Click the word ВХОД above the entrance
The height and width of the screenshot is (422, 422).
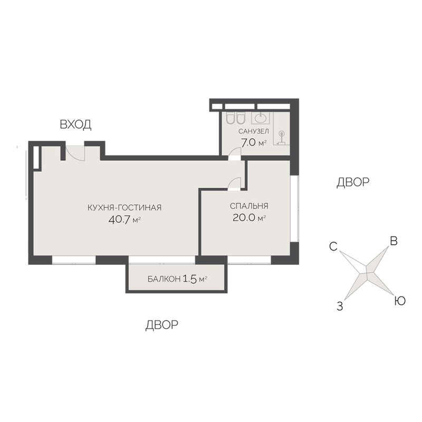pos(75,124)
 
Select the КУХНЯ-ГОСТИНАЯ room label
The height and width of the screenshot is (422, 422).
pos(124,207)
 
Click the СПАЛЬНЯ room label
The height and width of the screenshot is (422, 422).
pos(249,206)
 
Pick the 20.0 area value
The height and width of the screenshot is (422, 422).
pos(244,218)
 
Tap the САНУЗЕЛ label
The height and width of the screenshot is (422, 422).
pos(254,131)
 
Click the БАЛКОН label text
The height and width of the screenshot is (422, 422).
pos(164,279)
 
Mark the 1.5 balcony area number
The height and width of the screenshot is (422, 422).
pos(190,279)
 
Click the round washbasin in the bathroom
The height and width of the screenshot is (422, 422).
pos(260,118)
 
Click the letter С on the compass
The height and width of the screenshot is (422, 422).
pos(333,246)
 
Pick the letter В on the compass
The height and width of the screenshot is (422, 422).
pos(394,241)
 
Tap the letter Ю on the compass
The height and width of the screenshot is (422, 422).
pos(400,301)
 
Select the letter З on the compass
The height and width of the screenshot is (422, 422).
pos(340,306)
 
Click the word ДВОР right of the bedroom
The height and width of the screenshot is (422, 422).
pos(353,182)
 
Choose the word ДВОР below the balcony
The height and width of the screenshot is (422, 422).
pos(162,325)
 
